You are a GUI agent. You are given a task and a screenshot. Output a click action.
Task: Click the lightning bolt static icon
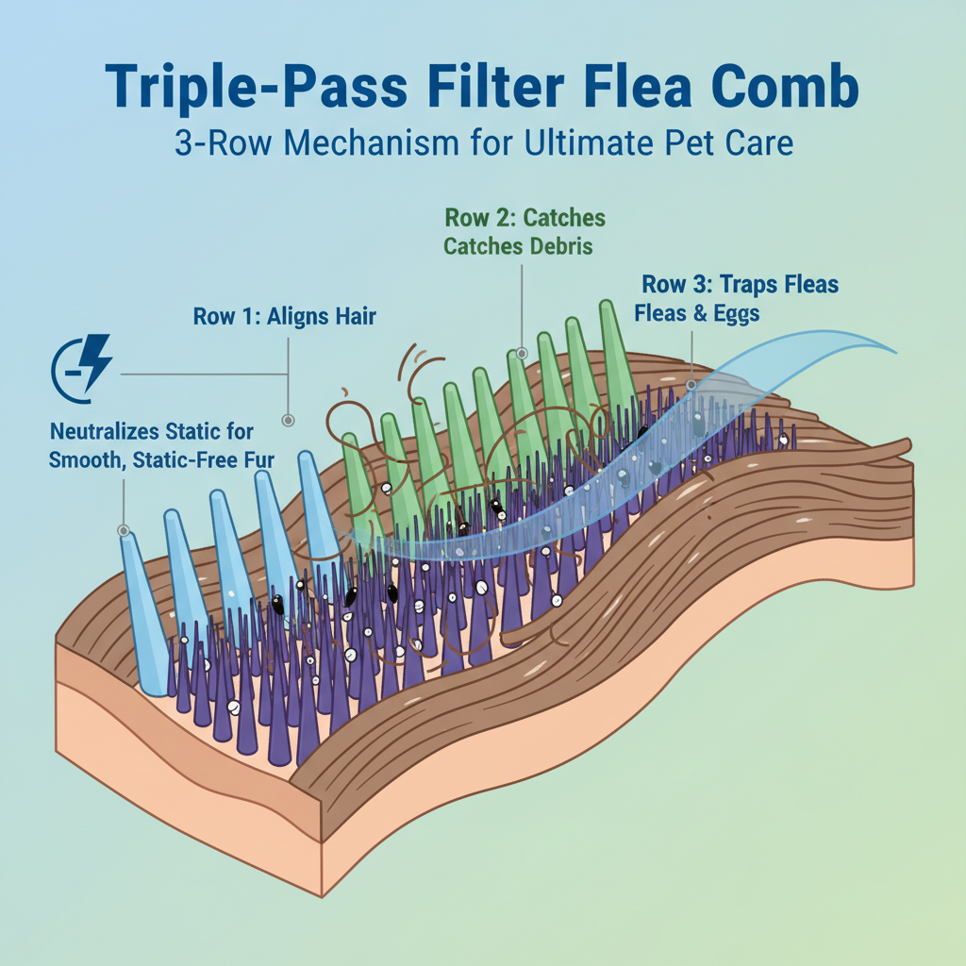click(x=84, y=373)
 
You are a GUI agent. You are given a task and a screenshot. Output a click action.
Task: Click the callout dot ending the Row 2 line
click(x=521, y=354)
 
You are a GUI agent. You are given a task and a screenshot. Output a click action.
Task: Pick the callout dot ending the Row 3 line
click(x=691, y=384)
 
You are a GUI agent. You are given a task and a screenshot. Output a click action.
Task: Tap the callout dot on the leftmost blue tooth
click(x=124, y=530)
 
